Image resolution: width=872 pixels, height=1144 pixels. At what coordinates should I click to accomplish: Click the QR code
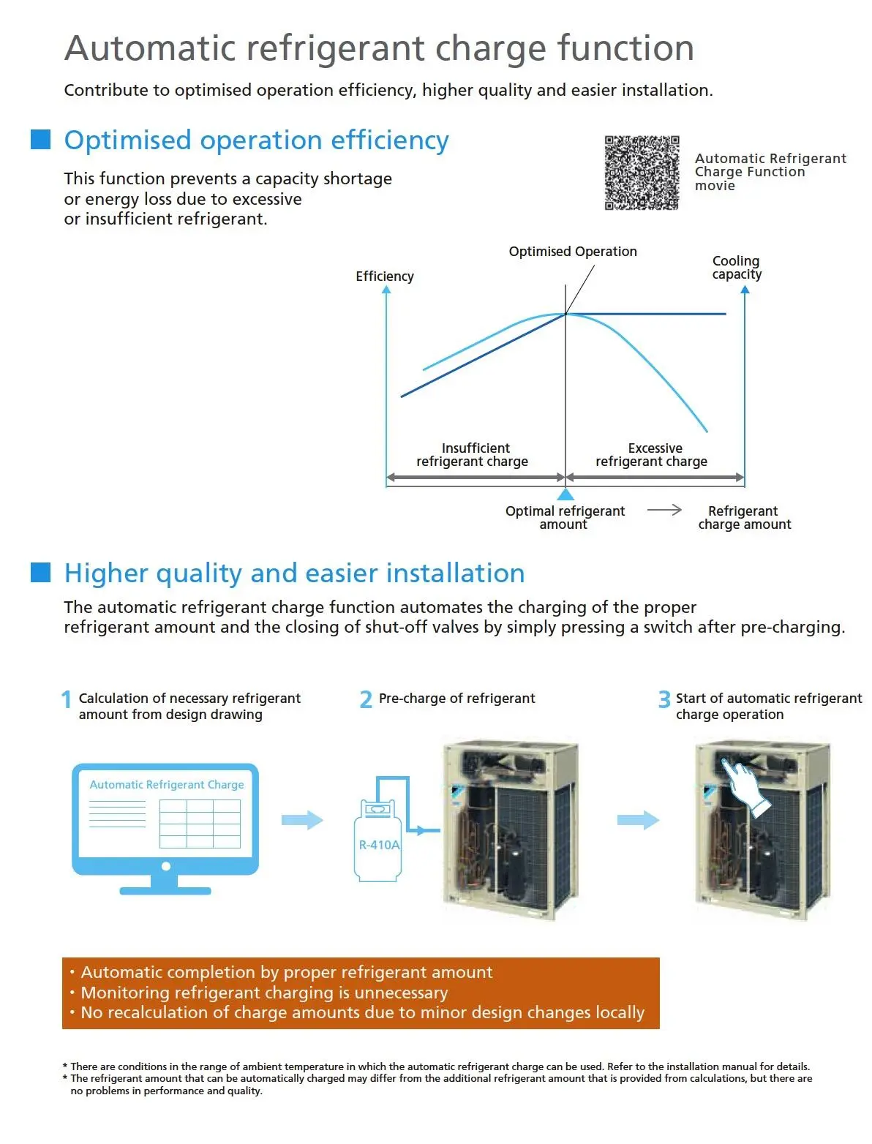tap(641, 173)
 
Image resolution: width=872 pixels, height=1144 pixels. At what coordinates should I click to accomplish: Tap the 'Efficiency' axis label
tap(385, 276)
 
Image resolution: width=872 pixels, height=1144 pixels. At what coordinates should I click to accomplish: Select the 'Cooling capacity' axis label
tap(737, 268)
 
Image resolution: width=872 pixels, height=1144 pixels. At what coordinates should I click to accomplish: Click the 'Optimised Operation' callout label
tap(572, 251)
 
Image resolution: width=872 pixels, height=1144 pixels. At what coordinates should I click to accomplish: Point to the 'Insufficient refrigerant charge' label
tap(473, 454)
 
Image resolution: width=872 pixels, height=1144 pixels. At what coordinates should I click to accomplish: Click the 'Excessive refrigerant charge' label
tap(652, 454)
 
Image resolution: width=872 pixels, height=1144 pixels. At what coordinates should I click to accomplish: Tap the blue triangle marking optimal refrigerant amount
tap(565, 494)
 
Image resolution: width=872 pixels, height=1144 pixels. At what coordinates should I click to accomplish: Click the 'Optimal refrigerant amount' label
tap(565, 518)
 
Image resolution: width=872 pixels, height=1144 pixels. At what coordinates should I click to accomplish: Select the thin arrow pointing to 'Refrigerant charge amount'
tap(664, 509)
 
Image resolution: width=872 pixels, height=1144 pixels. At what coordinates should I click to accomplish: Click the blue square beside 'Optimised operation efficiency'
tap(41, 139)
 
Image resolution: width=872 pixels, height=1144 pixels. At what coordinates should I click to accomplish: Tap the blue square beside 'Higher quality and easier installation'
tap(41, 572)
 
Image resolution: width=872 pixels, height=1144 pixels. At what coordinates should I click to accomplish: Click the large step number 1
tap(66, 699)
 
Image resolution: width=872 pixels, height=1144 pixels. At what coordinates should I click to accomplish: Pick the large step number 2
tap(366, 699)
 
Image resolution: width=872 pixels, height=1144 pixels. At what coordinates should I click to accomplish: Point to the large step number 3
tap(664, 699)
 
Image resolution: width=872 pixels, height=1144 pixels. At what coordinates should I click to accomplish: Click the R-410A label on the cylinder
tap(379, 845)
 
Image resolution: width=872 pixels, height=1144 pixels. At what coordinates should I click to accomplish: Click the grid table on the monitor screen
tap(200, 824)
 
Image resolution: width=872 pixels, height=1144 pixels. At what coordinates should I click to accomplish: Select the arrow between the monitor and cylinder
tap(302, 820)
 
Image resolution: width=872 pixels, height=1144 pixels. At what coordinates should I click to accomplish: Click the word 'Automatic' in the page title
tap(150, 48)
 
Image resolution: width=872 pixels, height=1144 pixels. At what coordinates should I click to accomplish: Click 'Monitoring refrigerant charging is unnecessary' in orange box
tap(264, 993)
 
